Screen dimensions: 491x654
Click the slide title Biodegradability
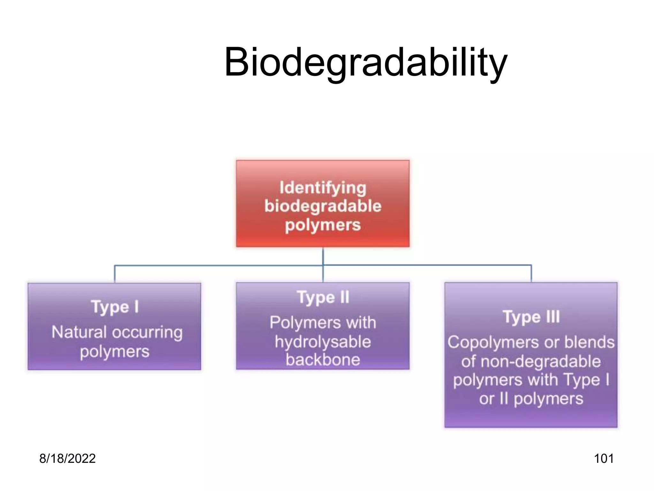[365, 62]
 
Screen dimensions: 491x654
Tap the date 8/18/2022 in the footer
[67, 458]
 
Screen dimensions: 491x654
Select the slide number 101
[604, 458]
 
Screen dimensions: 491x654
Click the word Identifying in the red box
[323, 188]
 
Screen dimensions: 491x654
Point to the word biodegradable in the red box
[323, 206]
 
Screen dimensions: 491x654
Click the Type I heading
[115, 307]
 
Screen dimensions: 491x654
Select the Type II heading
[323, 298]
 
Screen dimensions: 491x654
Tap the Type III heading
[531, 317]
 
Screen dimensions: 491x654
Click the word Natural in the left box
[79, 332]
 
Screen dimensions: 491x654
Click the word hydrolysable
[323, 342]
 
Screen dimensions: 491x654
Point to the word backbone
[323, 360]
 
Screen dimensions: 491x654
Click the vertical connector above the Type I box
[115, 274]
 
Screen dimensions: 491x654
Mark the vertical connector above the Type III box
[531, 274]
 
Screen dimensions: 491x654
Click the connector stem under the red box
[323, 256]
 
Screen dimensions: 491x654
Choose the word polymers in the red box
[323, 225]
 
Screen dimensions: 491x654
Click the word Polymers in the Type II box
[297, 323]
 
